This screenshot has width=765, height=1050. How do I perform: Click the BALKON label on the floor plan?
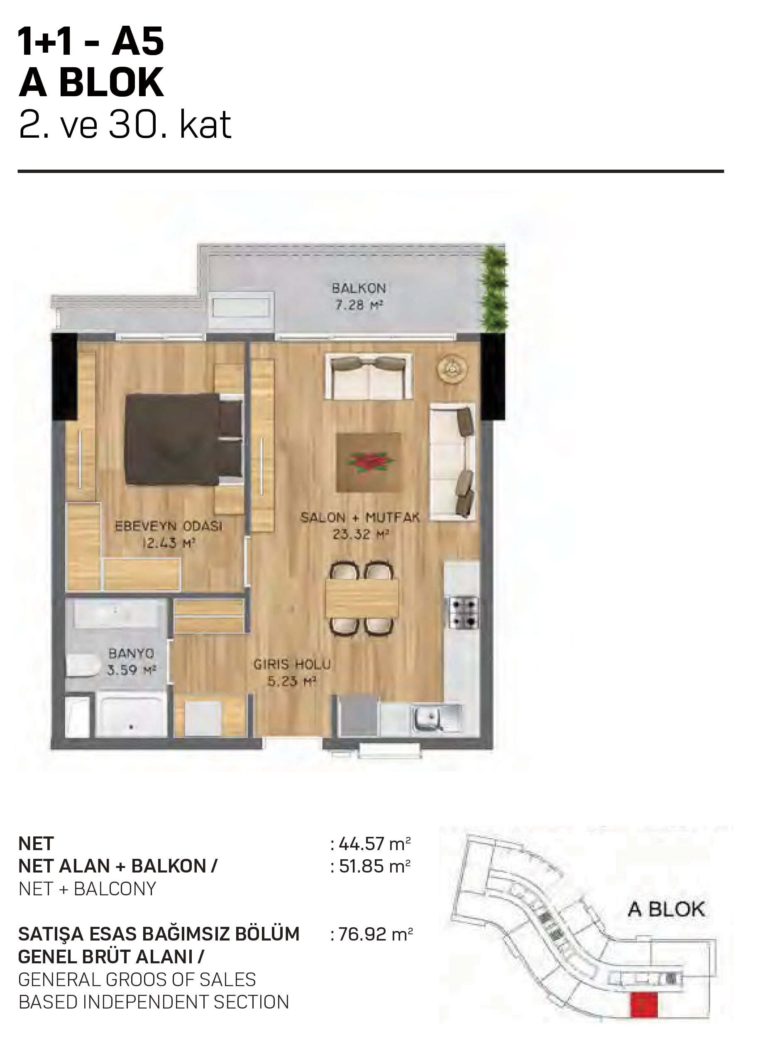pos(359,289)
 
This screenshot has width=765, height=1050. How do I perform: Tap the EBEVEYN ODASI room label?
pos(169,526)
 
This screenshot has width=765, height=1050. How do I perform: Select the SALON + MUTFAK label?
pos(360,517)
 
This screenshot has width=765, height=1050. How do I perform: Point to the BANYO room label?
pos(131,653)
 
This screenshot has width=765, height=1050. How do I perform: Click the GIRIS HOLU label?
pos(292,665)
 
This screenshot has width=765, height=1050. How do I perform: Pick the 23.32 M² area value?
pos(360,535)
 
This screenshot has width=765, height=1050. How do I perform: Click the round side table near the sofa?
pos(453,369)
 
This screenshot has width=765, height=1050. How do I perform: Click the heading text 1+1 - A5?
pos(91,41)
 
